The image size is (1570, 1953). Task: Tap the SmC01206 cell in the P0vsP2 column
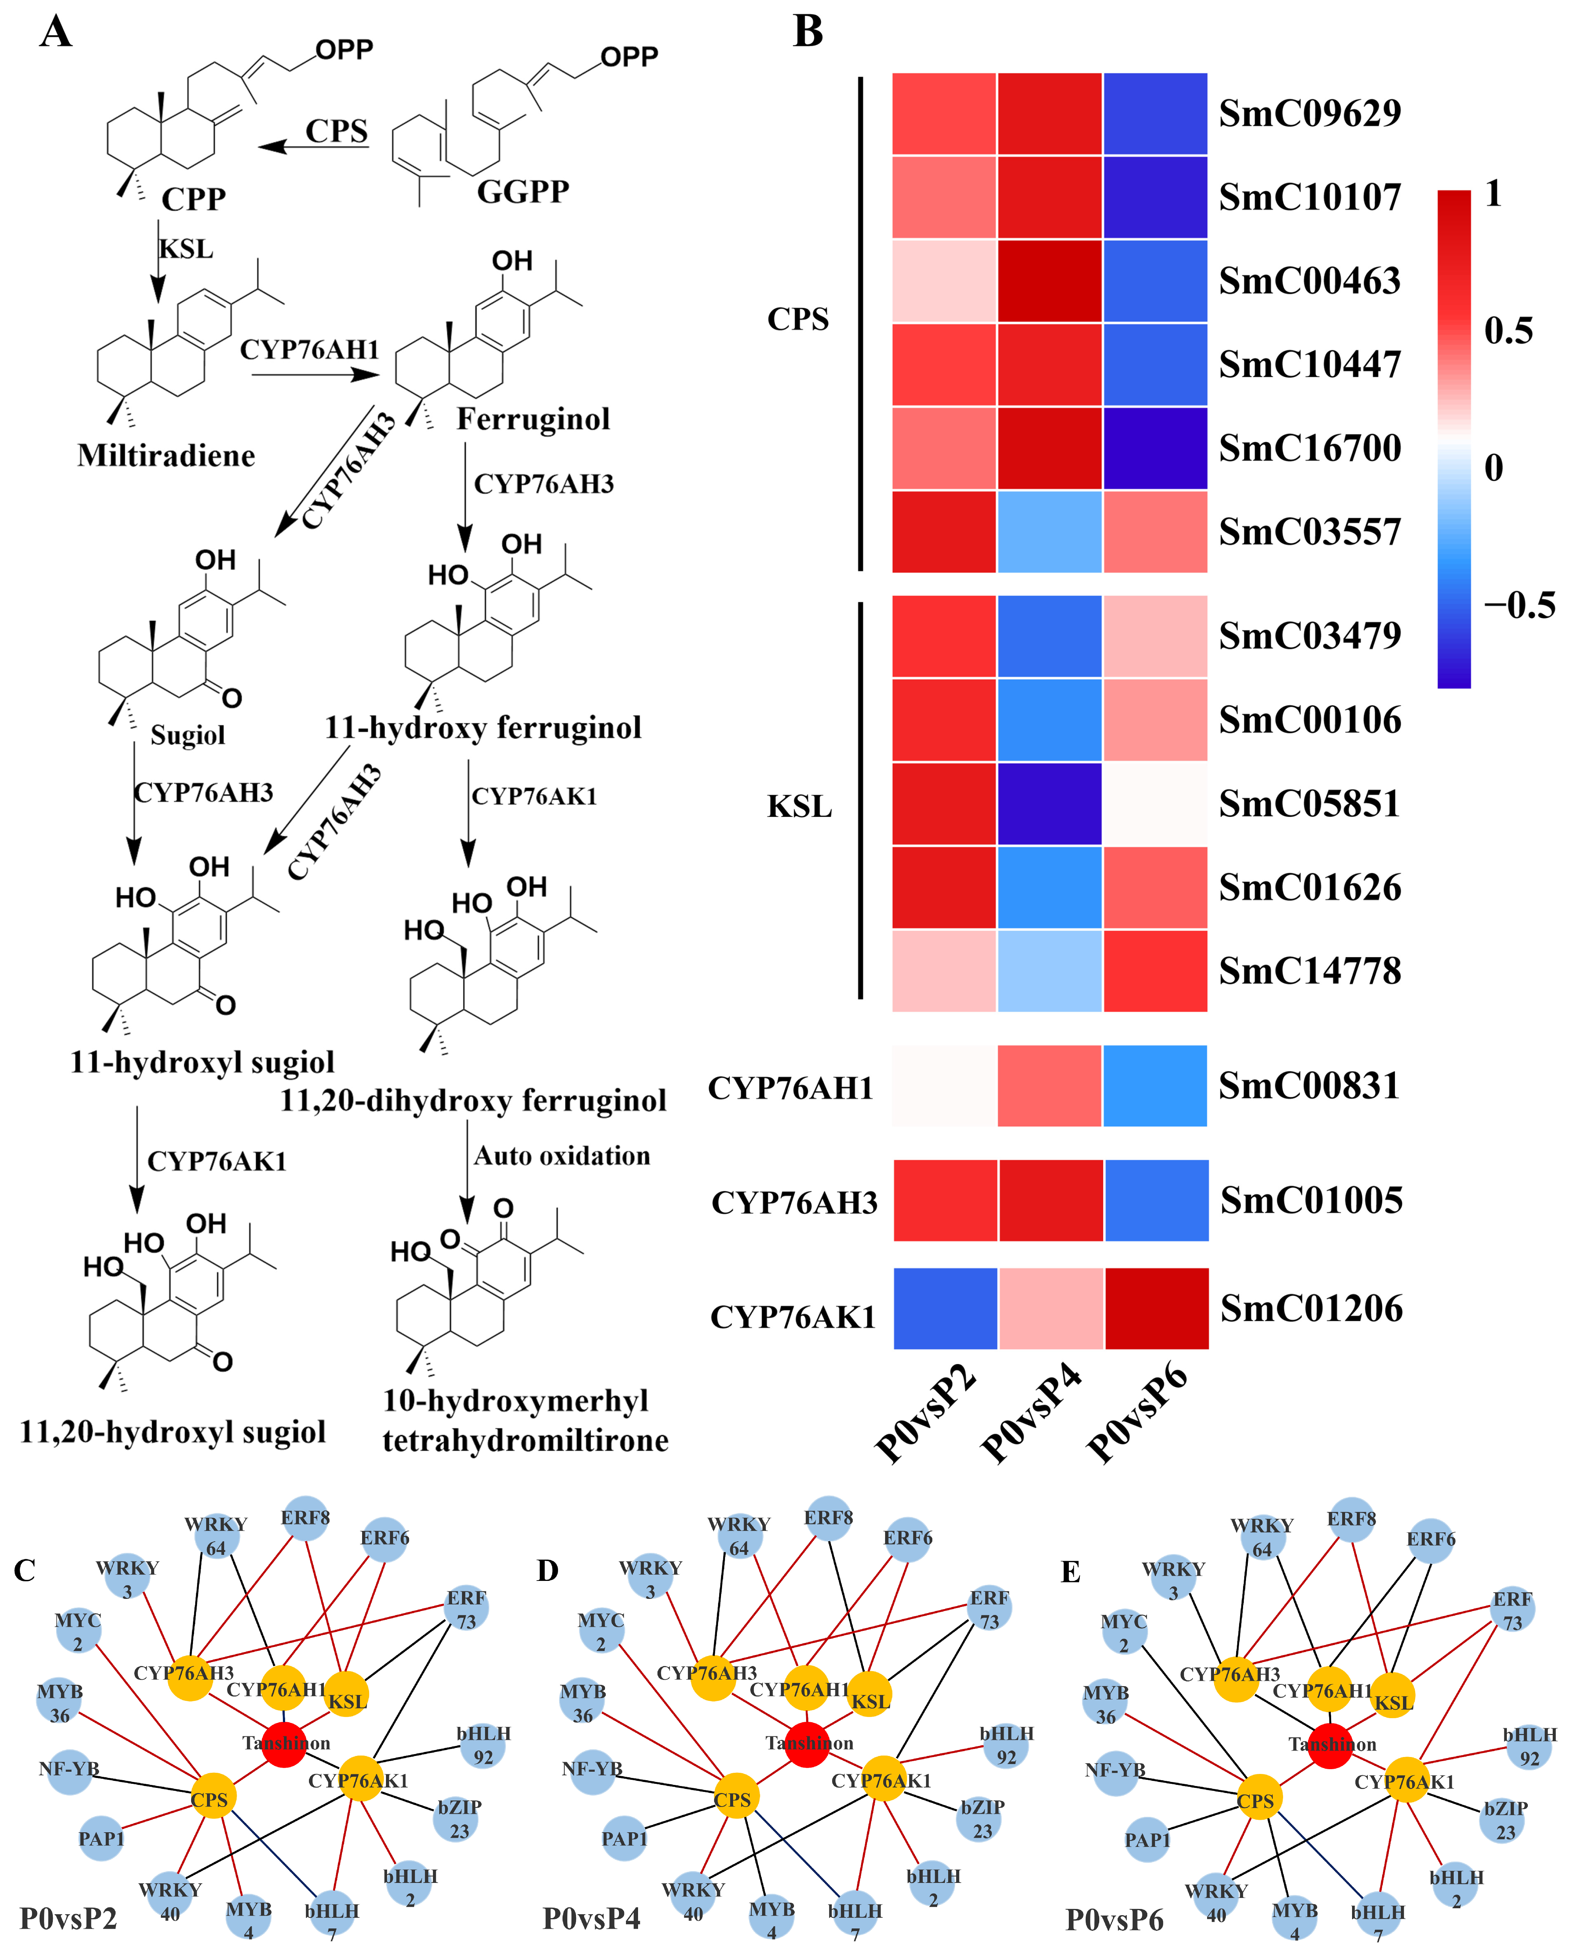pyautogui.click(x=945, y=1308)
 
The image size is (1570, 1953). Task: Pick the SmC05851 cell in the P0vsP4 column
pyautogui.click(x=1049, y=804)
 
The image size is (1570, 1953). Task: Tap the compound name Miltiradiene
pyautogui.click(x=166, y=455)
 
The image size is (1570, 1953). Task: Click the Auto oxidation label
pyautogui.click(x=562, y=1156)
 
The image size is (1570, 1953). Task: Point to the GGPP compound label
pyautogui.click(x=523, y=191)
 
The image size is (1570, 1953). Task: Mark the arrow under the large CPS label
pyautogui.click(x=313, y=147)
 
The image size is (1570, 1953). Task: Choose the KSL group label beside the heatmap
pyautogui.click(x=799, y=806)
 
